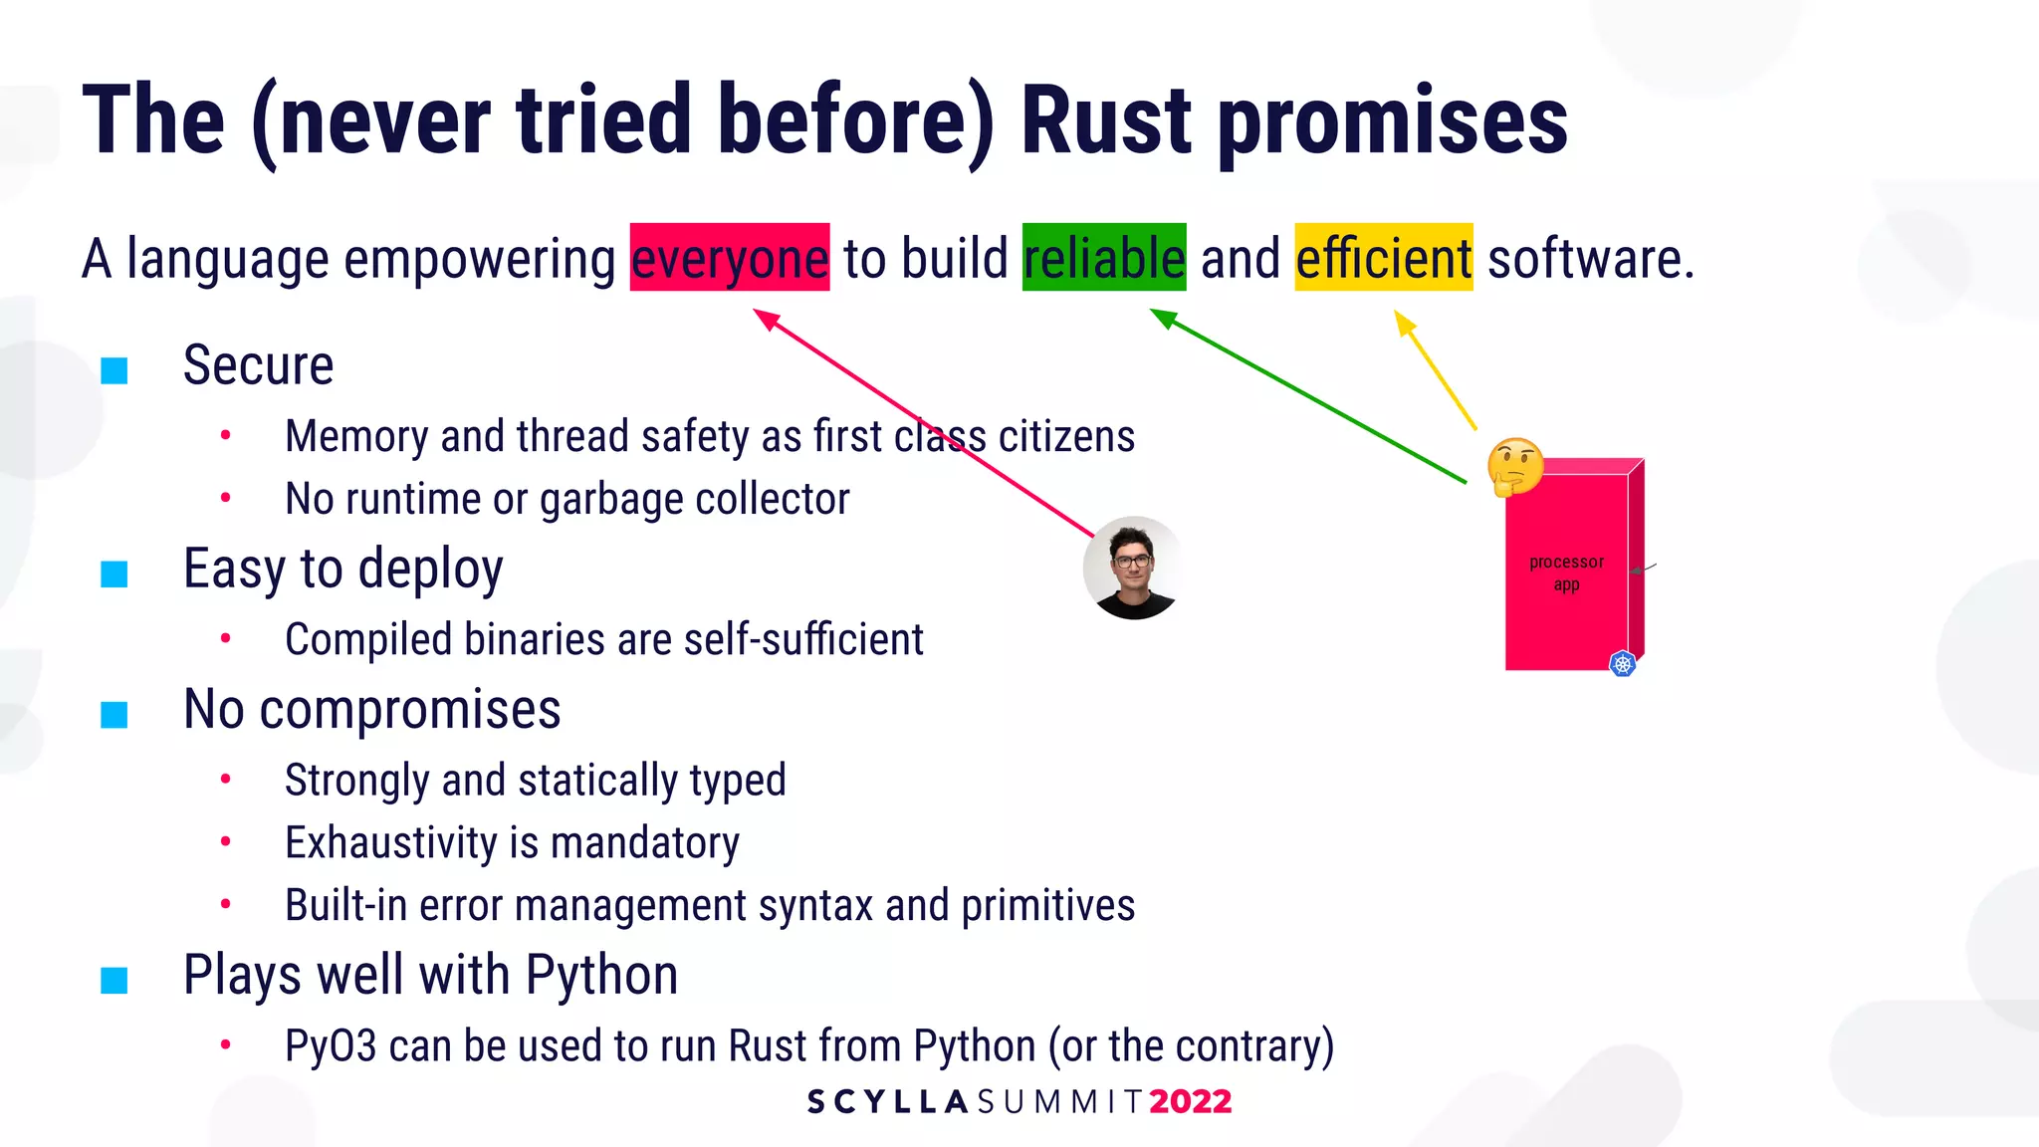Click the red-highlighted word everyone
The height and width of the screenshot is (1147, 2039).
[730, 258]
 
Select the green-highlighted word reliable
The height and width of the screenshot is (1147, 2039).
[1104, 258]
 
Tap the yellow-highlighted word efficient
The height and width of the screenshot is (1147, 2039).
[1383, 258]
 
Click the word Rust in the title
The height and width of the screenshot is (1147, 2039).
[1106, 121]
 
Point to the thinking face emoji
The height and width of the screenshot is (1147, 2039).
[1514, 466]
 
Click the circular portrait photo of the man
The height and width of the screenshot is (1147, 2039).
[1133, 568]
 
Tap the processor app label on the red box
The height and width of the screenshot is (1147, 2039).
[1566, 573]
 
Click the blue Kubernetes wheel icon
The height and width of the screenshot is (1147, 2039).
[1623, 664]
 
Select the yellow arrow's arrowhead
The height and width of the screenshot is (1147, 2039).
[1403, 321]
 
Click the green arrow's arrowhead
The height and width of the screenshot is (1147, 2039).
[1161, 317]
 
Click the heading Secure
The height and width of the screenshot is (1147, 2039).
[258, 365]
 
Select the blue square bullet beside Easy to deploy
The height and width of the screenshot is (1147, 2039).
[114, 573]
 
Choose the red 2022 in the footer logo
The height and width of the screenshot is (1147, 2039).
[1190, 1101]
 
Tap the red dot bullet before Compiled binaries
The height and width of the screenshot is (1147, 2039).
[226, 638]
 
